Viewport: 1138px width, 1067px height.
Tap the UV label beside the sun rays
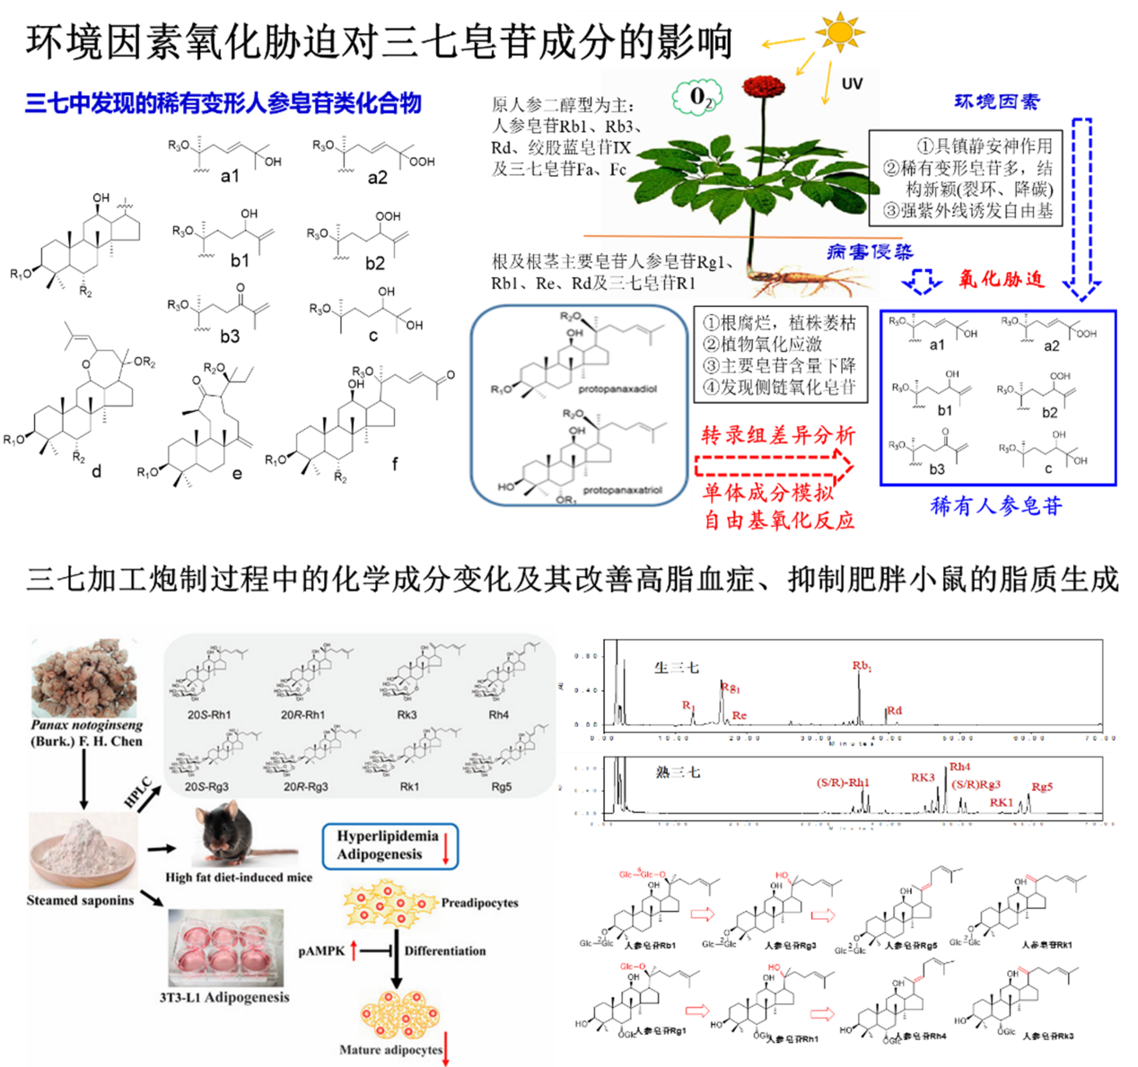point(852,84)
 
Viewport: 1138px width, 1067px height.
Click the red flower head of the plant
point(764,87)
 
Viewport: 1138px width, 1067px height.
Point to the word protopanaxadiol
point(617,389)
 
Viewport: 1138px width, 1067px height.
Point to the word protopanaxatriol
point(622,491)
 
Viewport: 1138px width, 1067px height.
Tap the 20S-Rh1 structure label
point(209,715)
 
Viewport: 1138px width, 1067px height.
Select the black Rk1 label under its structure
point(409,787)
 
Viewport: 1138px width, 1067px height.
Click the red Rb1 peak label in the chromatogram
point(862,666)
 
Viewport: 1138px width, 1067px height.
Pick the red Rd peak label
point(894,711)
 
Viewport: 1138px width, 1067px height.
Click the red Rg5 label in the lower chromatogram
point(1042,787)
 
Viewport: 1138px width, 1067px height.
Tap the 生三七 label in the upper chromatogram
point(676,668)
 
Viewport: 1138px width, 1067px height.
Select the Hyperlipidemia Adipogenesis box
point(390,846)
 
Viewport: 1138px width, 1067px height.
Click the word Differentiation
point(445,951)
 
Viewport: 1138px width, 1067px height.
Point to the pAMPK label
point(321,951)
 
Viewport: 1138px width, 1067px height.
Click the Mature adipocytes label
point(390,1050)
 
